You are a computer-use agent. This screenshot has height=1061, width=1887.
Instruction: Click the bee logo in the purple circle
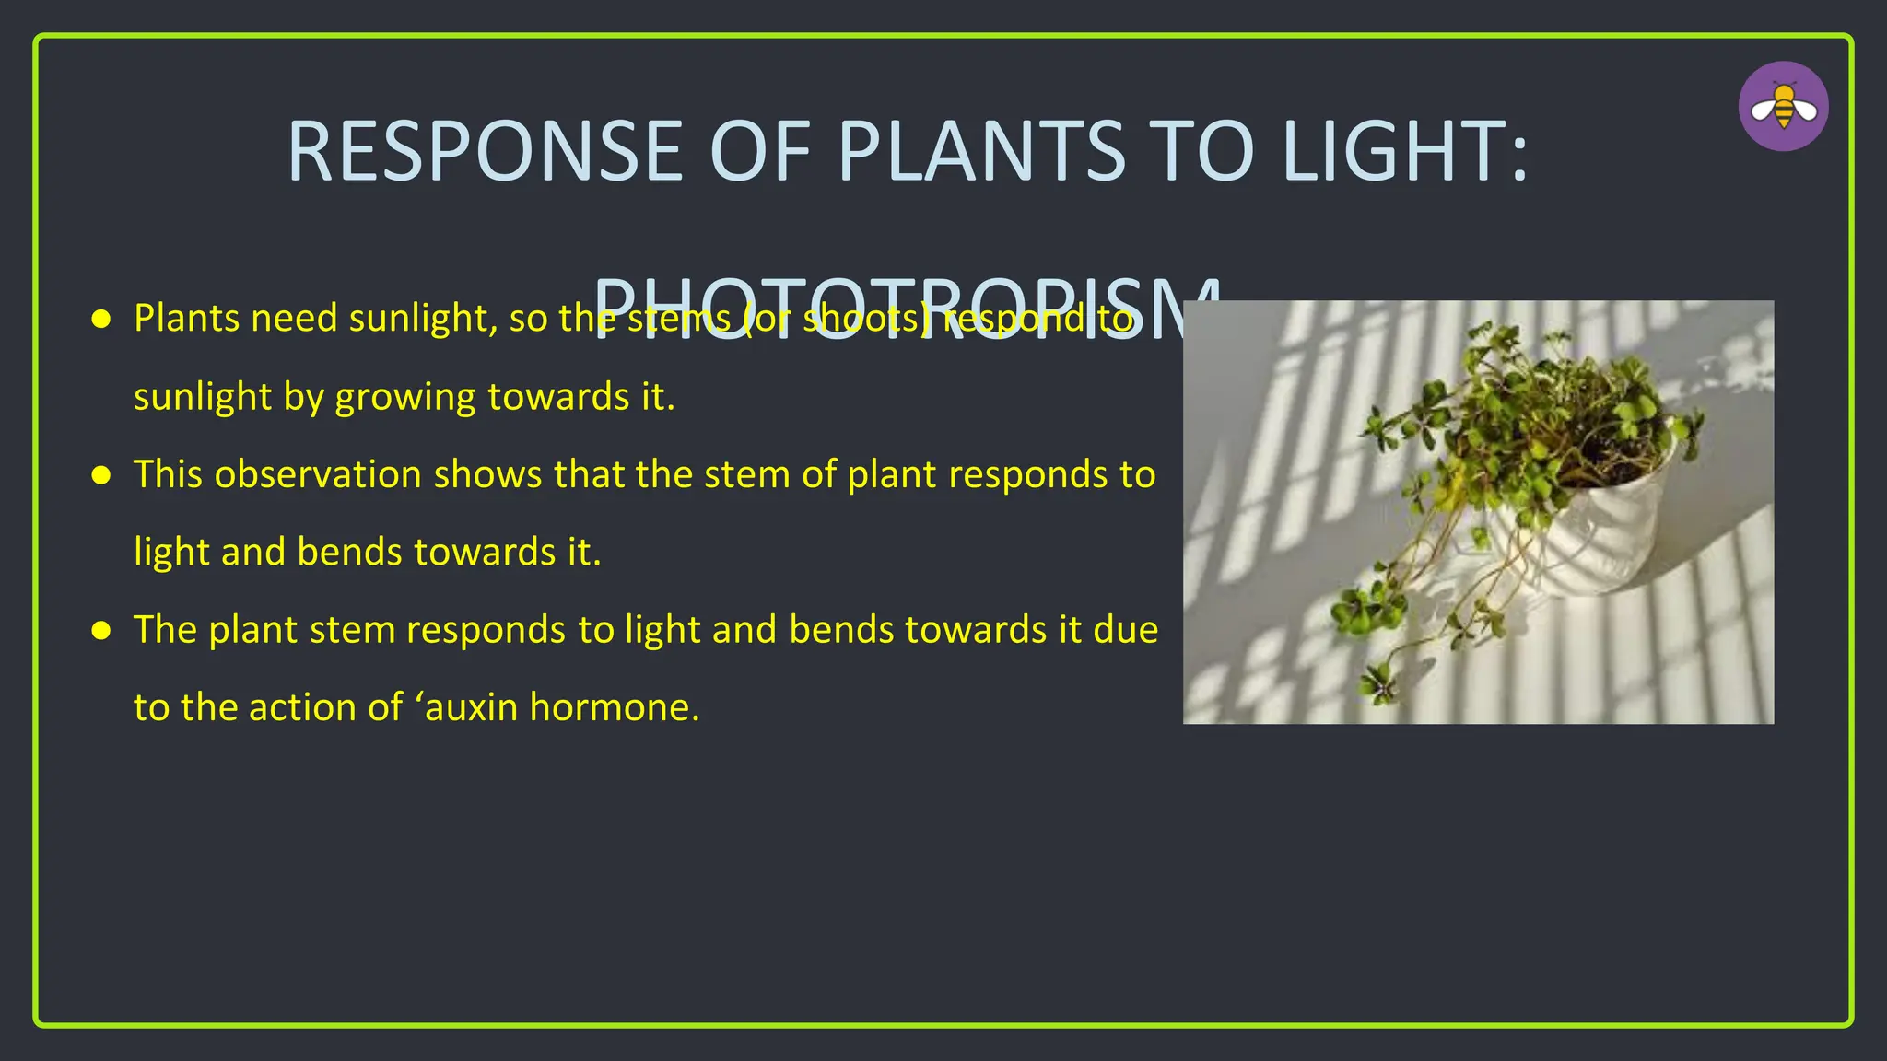tap(1783, 107)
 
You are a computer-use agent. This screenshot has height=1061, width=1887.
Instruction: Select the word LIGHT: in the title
tap(1404, 152)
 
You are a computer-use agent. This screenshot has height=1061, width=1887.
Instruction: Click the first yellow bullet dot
tap(101, 320)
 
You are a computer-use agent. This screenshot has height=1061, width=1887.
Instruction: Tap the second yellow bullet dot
tap(101, 475)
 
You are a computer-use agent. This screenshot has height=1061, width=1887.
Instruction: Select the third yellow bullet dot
tap(101, 631)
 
